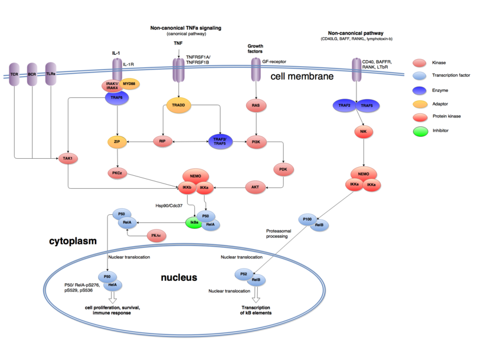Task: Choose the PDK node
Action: click(283, 168)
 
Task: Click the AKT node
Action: click(256, 187)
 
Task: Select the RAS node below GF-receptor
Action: click(256, 105)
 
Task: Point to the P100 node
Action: click(306, 218)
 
